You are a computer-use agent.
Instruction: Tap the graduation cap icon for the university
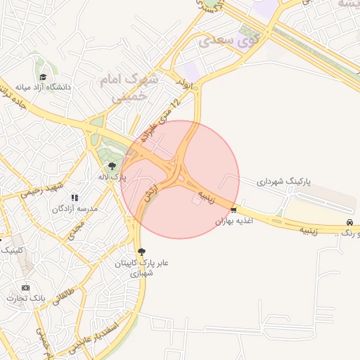[x=42, y=77]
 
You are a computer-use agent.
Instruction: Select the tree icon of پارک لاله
[x=112, y=166]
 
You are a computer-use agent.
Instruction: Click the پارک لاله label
[x=112, y=177]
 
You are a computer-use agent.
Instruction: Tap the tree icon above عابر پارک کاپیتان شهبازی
[x=143, y=252]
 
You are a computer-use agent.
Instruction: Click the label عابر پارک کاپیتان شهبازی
[x=143, y=268]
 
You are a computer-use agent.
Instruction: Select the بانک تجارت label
[x=26, y=299]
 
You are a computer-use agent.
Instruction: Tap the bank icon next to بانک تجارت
[x=26, y=288]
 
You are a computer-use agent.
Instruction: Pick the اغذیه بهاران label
[x=233, y=221]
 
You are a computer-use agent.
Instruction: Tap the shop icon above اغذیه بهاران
[x=233, y=210]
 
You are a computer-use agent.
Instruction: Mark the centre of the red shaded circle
[x=180, y=179]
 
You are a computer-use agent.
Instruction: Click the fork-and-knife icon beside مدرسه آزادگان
[x=75, y=198]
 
